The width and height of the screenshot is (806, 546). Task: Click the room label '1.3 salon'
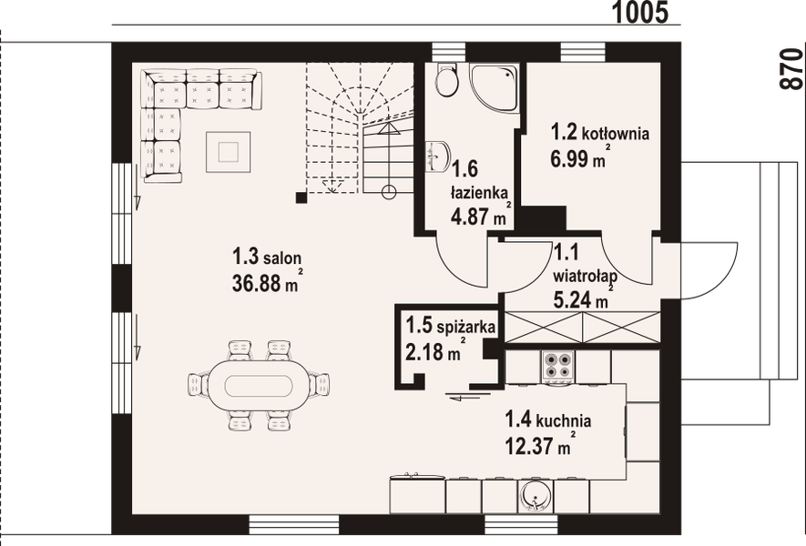pos(266,258)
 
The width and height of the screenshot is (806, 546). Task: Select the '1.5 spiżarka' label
pos(450,325)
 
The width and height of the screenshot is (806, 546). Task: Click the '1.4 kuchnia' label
pos(547,420)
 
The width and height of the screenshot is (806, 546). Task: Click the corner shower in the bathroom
pos(494,87)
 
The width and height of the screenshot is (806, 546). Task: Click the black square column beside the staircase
pos(301,196)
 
